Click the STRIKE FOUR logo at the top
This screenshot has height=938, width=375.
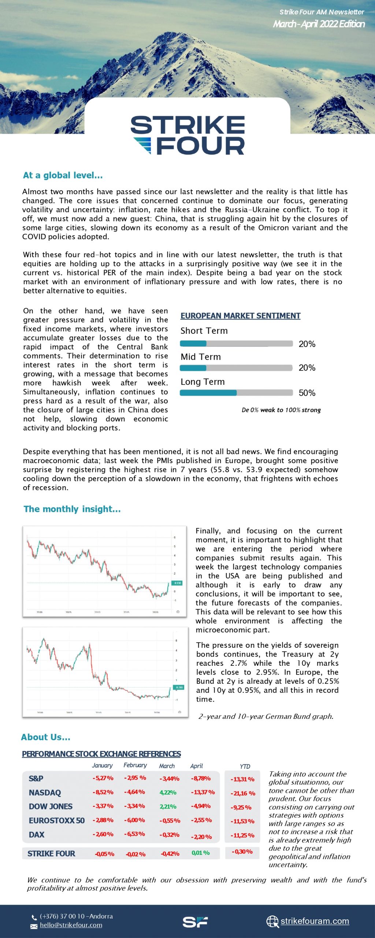(187, 135)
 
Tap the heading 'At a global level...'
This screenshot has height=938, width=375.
(63, 176)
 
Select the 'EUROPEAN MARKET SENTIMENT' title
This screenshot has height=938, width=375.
(240, 316)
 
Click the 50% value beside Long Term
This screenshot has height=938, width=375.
(307, 393)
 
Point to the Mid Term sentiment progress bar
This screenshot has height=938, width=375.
(236, 368)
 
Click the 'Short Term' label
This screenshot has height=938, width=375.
(204, 331)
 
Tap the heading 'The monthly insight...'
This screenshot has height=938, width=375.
(72, 509)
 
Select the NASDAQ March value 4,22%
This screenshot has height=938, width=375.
(168, 792)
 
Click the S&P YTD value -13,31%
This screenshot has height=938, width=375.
(242, 779)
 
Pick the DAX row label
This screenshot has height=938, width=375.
(37, 834)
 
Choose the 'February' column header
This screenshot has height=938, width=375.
(135, 765)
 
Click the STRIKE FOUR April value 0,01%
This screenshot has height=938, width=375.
(201, 853)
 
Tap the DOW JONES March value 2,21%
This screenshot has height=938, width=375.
(168, 806)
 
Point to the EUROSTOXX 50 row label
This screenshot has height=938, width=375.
(57, 820)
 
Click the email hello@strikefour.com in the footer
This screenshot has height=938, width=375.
(71, 925)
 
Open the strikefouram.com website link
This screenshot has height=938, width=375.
(315, 921)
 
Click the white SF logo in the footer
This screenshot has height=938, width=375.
(195, 922)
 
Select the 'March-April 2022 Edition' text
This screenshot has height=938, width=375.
(319, 24)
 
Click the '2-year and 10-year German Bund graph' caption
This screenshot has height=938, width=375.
(266, 716)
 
